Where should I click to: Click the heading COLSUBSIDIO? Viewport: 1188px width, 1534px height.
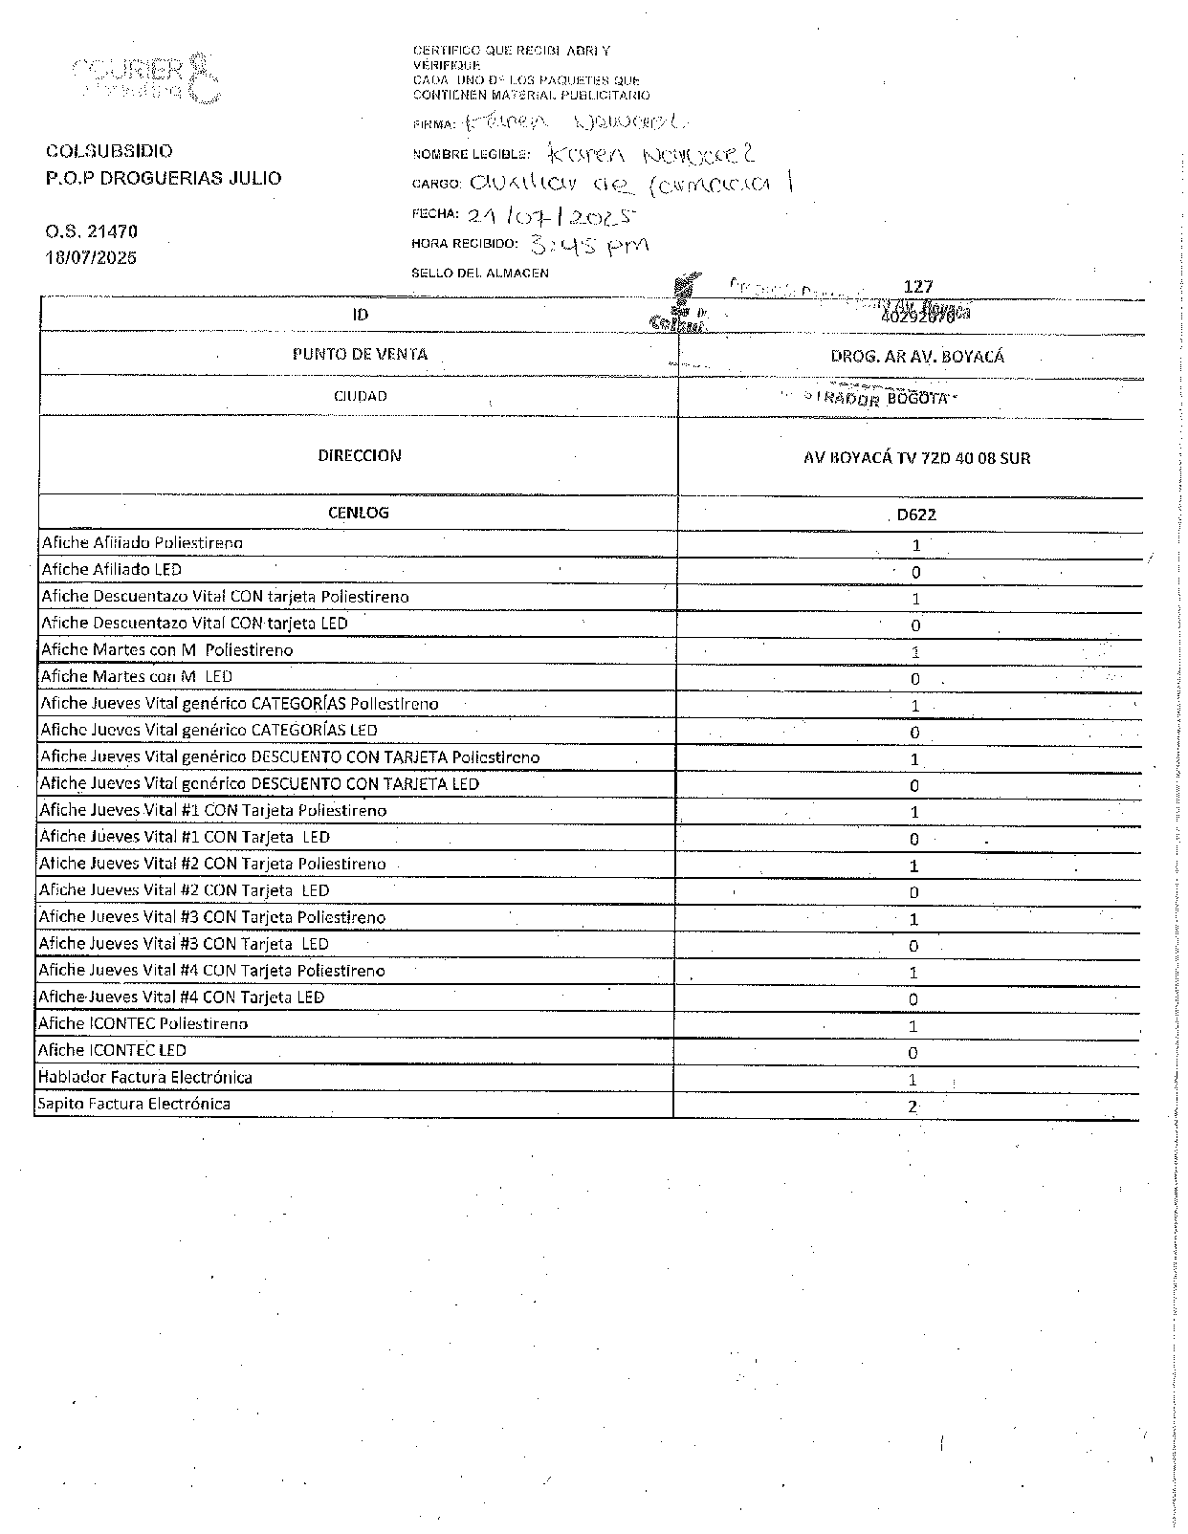pos(109,151)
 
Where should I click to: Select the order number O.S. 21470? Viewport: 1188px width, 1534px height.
pos(92,231)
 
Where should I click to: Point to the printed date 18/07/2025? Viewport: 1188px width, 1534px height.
pos(91,258)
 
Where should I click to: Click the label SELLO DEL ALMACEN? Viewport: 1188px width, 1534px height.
pos(480,274)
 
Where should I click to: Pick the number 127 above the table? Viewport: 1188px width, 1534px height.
pos(917,286)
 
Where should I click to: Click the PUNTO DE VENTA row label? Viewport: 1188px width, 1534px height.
pos(360,355)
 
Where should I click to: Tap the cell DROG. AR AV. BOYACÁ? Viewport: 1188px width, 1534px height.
pos(916,357)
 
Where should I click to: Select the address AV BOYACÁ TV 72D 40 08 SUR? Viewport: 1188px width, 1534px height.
pos(916,458)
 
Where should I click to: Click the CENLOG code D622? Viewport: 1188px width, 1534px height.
pos(915,515)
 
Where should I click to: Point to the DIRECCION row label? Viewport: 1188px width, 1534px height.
pos(360,456)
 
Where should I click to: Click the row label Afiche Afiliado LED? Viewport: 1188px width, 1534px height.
pos(111,570)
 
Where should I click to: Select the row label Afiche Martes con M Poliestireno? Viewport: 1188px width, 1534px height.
pos(166,650)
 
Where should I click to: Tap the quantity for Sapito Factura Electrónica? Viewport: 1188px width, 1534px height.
pos(913,1107)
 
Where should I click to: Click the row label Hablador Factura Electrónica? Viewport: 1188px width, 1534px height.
pos(144,1078)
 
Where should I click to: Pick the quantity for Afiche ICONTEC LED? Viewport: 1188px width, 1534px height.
pos(913,1053)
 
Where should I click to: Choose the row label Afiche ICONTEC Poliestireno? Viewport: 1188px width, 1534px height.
pos(143,1024)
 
